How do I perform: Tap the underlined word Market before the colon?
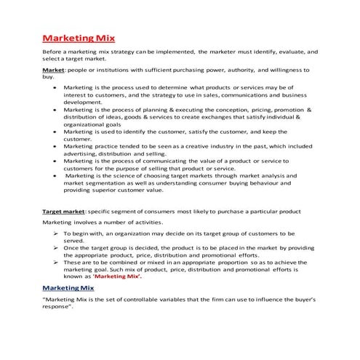click(54, 70)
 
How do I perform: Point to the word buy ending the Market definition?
click(48, 76)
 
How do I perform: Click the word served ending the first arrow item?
click(75, 240)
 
